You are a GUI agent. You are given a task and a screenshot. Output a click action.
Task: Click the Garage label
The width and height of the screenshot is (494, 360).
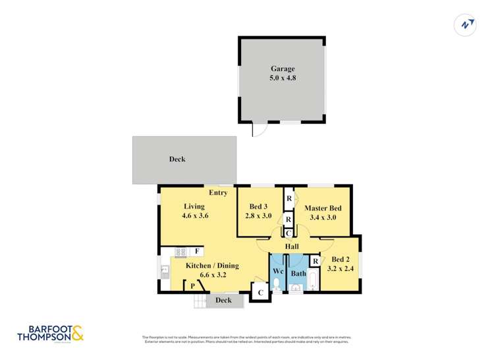click(282, 68)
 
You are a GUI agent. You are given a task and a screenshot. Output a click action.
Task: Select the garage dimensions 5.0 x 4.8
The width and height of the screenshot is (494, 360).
click(282, 78)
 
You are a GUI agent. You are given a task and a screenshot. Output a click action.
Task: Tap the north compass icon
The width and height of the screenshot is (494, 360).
click(466, 24)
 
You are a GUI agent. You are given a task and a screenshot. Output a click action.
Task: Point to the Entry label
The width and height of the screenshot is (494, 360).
click(218, 193)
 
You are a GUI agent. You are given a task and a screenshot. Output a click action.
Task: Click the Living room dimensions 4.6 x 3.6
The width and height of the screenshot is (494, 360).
click(196, 215)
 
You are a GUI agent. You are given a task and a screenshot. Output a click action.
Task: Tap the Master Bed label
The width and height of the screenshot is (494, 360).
click(323, 209)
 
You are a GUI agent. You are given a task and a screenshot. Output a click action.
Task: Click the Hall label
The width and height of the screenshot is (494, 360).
click(292, 246)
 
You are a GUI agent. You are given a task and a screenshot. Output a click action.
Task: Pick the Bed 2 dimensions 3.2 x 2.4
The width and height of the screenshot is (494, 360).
click(341, 269)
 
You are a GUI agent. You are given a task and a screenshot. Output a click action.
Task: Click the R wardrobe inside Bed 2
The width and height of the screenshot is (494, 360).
click(316, 262)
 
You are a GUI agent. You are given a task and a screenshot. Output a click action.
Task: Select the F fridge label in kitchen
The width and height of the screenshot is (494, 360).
click(197, 251)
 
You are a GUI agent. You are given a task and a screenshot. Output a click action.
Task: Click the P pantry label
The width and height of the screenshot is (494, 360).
click(193, 285)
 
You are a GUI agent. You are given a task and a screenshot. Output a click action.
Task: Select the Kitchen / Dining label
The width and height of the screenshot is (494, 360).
click(211, 265)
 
